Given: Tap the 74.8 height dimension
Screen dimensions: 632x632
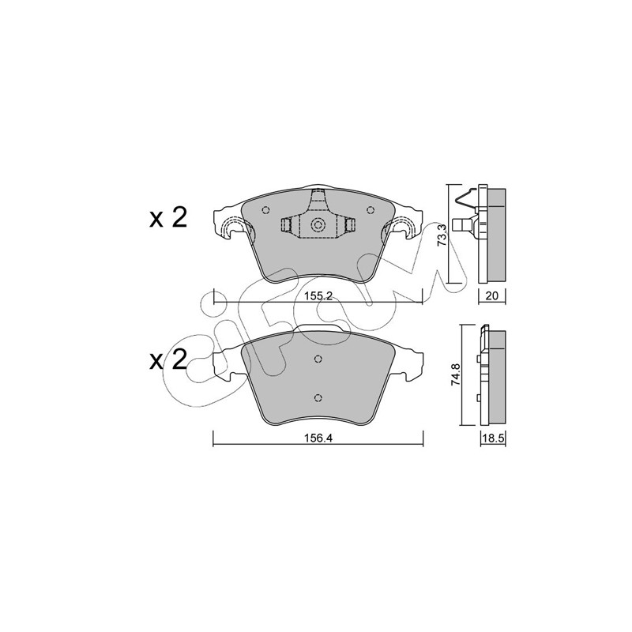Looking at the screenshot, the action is point(455,375).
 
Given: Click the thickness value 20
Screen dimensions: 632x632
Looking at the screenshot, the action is point(492,295).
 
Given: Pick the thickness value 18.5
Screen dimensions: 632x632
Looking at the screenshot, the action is point(493,438).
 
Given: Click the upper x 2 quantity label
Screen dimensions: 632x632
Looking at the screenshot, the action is point(168,218).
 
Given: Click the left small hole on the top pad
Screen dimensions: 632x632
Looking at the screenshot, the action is point(265,210).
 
